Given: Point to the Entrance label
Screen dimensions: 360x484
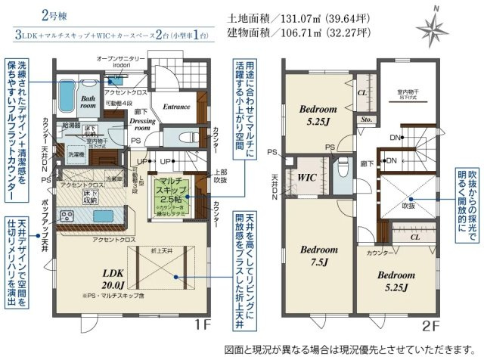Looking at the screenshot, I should [x=175, y=107].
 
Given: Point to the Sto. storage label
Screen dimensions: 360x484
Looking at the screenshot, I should [x=365, y=119].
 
